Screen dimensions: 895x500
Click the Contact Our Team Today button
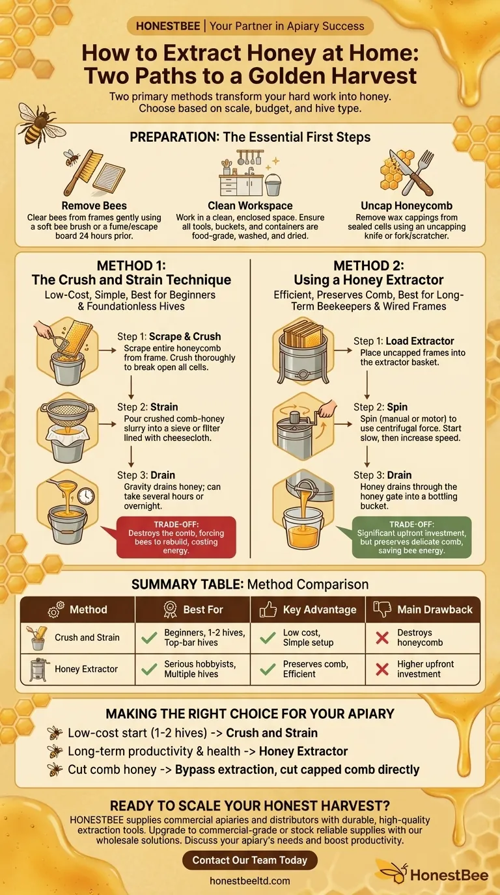pyautogui.click(x=249, y=860)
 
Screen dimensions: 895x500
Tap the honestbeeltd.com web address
pyautogui.click(x=249, y=881)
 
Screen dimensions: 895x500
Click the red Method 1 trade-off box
pyautogui.click(x=176, y=537)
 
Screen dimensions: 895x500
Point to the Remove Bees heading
pyautogui.click(x=94, y=206)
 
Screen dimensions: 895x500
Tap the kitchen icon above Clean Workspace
pyautogui.click(x=249, y=173)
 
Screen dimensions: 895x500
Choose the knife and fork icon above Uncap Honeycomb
pyautogui.click(x=406, y=172)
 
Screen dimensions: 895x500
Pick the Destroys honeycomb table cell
pyautogui.click(x=415, y=637)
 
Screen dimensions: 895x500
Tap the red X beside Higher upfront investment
pyautogui.click(x=382, y=669)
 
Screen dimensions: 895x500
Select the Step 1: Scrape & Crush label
pyautogui.click(x=169, y=337)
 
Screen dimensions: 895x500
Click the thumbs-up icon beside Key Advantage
pyautogui.click(x=268, y=609)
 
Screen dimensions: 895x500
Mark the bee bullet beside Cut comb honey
pyautogui.click(x=55, y=769)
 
